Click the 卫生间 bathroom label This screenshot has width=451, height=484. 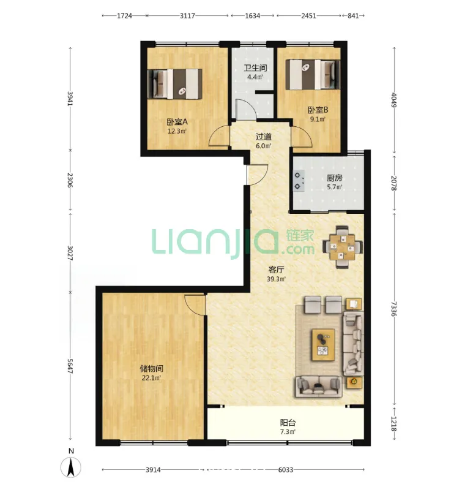point(255,67)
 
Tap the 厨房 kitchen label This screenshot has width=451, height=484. point(335,178)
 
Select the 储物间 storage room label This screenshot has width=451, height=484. point(151,369)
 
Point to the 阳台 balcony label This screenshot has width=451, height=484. point(288,423)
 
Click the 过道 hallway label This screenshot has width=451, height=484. point(264,137)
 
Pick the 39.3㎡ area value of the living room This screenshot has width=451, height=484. point(276,279)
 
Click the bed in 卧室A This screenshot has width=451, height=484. point(175,84)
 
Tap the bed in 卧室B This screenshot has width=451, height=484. point(313,74)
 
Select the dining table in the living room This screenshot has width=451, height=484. point(342,248)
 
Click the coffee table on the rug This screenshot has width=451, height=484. point(323,344)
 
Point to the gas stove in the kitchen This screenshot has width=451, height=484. point(299,181)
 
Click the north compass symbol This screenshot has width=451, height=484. point(71,467)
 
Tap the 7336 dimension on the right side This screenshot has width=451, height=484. point(393,309)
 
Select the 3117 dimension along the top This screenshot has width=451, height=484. point(187,16)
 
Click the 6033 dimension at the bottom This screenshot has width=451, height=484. point(285,470)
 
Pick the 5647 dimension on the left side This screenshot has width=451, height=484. point(70,366)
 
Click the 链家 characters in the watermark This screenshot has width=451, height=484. point(300,235)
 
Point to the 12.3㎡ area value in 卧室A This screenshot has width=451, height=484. point(177,131)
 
